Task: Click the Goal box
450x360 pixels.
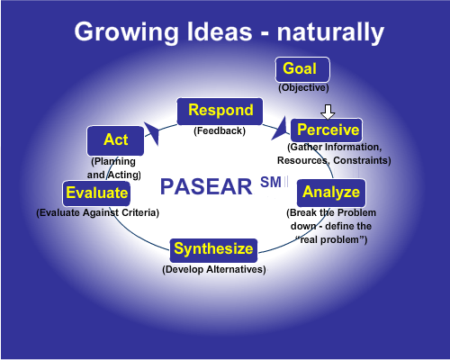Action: [x=302, y=69]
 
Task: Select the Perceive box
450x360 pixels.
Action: [x=327, y=130]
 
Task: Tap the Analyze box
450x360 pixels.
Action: [x=331, y=193]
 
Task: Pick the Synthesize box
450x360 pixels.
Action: [x=213, y=250]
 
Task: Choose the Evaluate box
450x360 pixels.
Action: [x=96, y=193]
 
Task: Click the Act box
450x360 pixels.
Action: [x=115, y=140]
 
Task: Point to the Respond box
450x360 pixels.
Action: [x=220, y=111]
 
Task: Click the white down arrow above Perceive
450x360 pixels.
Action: [x=328, y=112]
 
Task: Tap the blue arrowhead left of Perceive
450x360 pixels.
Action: [x=280, y=129]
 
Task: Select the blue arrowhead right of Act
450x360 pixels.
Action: [x=152, y=132]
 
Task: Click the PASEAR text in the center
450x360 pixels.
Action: [x=206, y=186]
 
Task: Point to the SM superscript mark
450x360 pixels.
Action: [x=271, y=182]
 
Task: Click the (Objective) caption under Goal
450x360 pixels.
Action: [x=303, y=88]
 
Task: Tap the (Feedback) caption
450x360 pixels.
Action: [x=220, y=130]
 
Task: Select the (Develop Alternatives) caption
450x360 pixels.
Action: [x=214, y=269]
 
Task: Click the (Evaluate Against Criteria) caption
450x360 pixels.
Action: [x=98, y=212]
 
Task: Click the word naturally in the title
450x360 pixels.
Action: [x=330, y=33]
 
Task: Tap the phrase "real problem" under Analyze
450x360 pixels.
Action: [x=331, y=239]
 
